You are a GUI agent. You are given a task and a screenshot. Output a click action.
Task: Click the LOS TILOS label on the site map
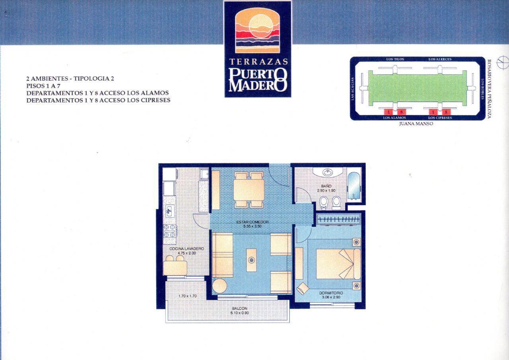(x=395, y=59)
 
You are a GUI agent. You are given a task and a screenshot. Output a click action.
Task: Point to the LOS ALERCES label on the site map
(x=440, y=59)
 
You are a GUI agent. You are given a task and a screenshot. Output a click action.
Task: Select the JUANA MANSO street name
(x=416, y=124)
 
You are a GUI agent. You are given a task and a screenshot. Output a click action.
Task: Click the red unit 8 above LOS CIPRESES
(x=446, y=112)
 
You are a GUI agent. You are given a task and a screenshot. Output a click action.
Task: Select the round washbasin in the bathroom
(x=328, y=173)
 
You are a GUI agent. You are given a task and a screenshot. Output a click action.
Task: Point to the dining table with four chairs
(x=249, y=190)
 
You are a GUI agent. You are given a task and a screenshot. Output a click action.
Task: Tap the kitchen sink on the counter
(x=169, y=210)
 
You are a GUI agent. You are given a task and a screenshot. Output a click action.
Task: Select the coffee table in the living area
(x=251, y=260)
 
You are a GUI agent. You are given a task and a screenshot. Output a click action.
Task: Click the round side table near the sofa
(x=220, y=286)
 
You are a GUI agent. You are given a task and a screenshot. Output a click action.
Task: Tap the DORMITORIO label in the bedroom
(x=331, y=293)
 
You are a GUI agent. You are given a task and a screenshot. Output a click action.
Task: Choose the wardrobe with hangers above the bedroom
(x=338, y=219)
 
